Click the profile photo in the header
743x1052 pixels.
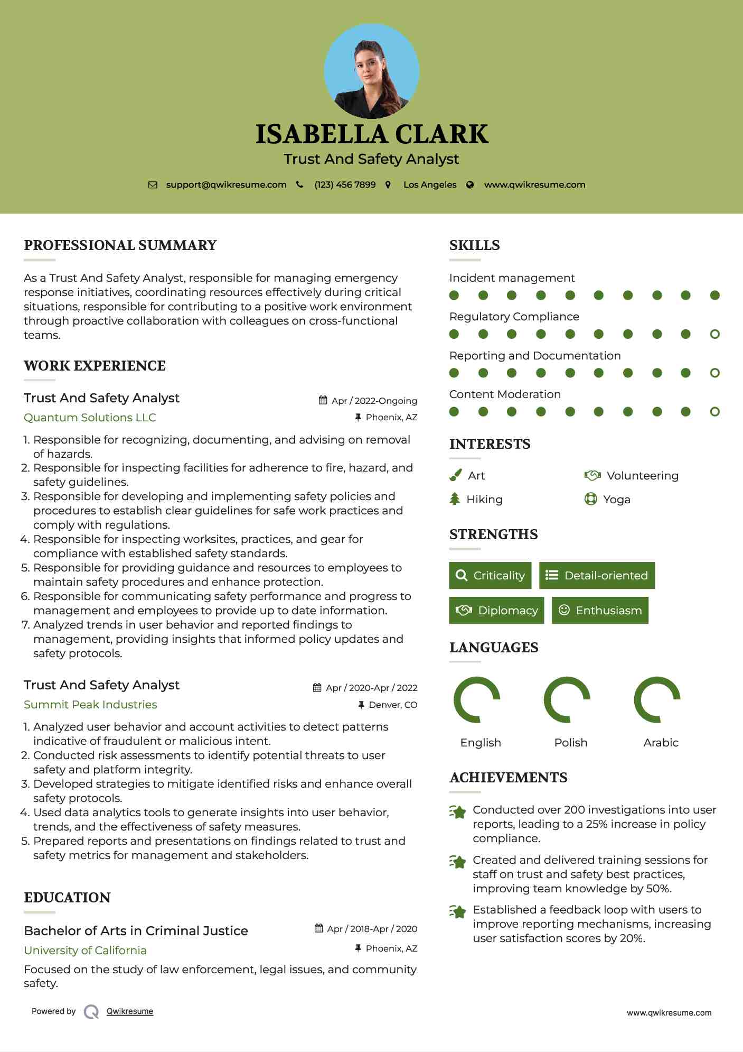pos(371,71)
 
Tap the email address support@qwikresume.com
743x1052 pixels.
pos(226,185)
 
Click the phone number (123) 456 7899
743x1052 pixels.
pos(345,185)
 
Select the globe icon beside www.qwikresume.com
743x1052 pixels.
pos(470,185)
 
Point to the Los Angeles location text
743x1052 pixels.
pos(430,185)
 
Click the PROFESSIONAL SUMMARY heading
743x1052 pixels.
pos(120,245)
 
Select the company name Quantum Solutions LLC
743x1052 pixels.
pos(90,418)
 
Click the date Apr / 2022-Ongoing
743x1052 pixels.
pos(374,401)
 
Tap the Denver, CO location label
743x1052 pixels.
pos(393,705)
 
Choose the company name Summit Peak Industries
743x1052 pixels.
pos(90,705)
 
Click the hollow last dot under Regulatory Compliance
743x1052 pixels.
pos(714,334)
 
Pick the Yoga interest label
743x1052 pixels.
pos(616,500)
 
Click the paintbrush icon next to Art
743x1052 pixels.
pos(455,475)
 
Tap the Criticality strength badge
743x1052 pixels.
pos(490,575)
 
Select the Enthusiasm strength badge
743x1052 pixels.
pos(600,610)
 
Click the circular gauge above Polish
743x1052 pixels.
pos(567,699)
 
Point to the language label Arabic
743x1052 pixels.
pos(661,743)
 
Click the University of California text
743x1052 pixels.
pos(85,951)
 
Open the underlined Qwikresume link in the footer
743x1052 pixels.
pos(130,1011)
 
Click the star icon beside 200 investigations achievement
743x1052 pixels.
pos(458,811)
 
